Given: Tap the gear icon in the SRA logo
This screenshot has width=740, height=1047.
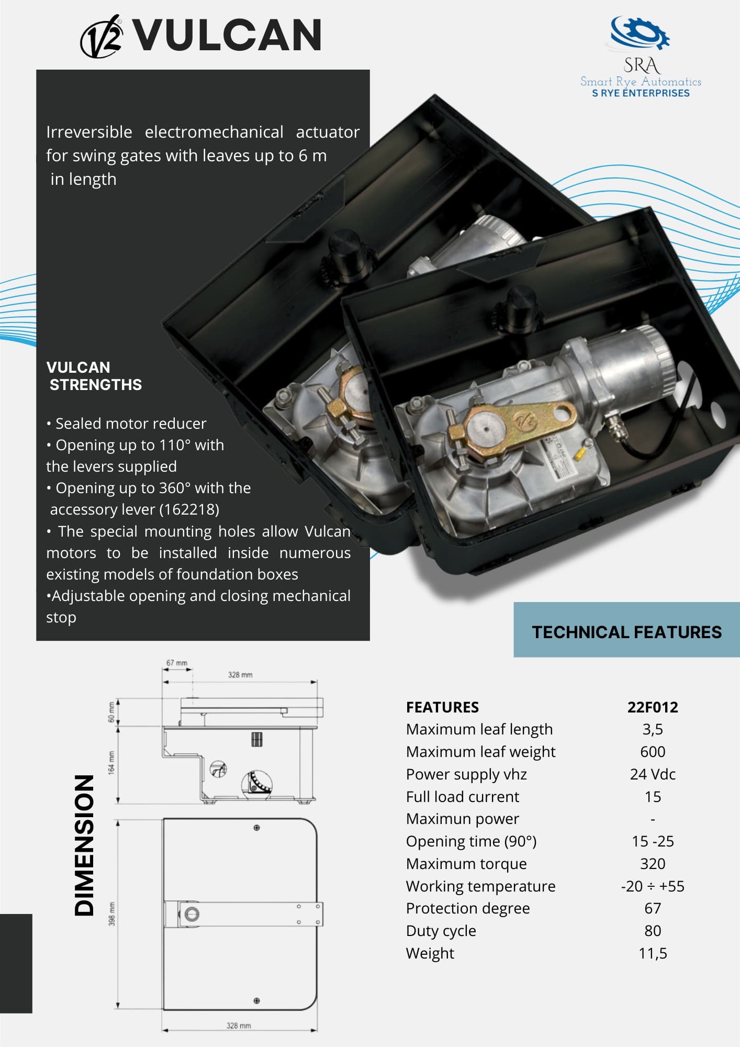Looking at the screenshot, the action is point(641,33).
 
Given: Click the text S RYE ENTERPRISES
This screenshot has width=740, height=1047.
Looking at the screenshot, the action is point(641,93).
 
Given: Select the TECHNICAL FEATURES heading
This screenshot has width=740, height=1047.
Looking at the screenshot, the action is point(626,632).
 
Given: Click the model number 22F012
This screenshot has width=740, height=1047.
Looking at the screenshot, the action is point(653,707).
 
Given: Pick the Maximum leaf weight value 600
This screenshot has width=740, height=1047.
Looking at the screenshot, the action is point(653,752).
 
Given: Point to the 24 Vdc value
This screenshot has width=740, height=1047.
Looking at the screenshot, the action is point(653,774).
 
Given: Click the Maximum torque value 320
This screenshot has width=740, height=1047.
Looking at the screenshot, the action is point(653,864).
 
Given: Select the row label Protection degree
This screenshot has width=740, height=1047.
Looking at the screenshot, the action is point(468,908).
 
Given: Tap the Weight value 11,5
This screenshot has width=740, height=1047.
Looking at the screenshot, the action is point(653,953).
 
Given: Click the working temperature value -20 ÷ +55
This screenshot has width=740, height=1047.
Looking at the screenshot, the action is point(653,886).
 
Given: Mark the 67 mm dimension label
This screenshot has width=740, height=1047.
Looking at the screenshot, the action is point(177,663).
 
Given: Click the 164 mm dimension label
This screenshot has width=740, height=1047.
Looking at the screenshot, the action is point(111,763).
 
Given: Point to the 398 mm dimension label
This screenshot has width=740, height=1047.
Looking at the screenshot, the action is point(111,914).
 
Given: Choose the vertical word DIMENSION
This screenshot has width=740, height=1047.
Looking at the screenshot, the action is point(84,845).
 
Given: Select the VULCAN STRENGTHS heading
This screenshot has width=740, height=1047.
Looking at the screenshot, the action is point(94,376).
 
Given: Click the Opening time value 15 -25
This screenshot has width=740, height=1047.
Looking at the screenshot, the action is point(653,841).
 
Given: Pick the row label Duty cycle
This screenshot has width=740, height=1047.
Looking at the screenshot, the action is point(441,931).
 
